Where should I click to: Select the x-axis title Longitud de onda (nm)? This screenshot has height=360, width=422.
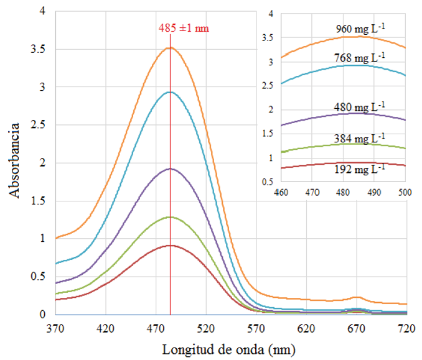tap(229, 349)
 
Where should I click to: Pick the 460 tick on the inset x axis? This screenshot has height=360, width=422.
tap(281, 193)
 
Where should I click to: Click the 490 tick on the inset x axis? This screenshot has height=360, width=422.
tap(374, 193)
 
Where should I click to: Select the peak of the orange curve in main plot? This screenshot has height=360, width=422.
tap(171, 47)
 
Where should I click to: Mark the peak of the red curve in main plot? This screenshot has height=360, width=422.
tap(171, 246)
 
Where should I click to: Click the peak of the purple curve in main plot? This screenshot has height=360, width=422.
tap(171, 168)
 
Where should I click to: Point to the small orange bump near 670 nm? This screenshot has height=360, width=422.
tap(357, 297)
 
